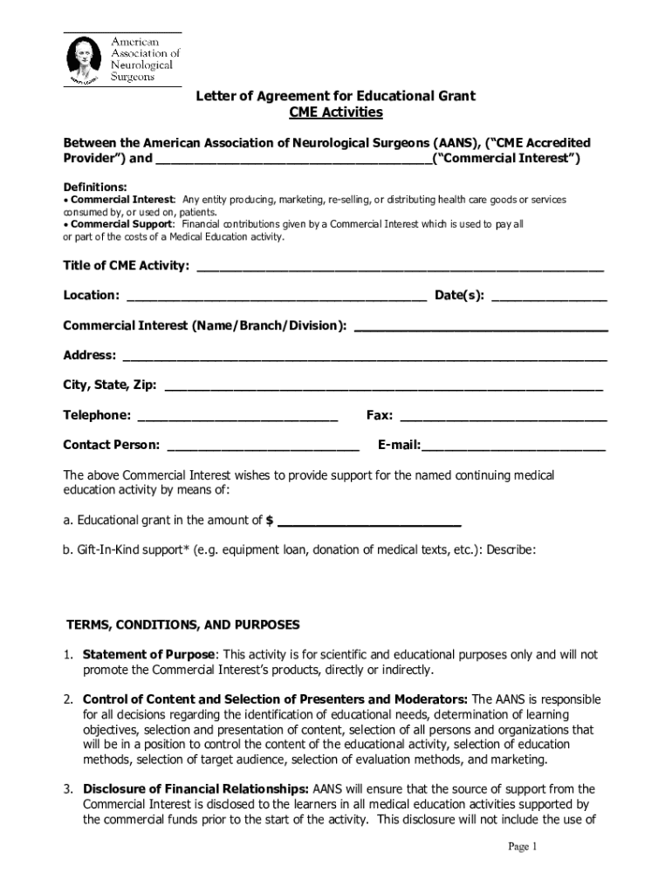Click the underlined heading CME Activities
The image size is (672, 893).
336,113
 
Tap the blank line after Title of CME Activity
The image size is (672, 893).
401,267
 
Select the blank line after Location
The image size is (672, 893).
277,297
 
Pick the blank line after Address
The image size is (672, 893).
365,357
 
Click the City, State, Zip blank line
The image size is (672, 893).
383,386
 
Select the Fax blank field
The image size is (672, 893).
503,416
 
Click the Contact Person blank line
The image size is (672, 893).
263,446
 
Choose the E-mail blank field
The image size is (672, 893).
513,446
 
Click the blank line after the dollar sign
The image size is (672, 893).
368,522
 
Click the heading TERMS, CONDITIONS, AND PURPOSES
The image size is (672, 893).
183,625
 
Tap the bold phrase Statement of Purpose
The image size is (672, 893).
148,655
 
